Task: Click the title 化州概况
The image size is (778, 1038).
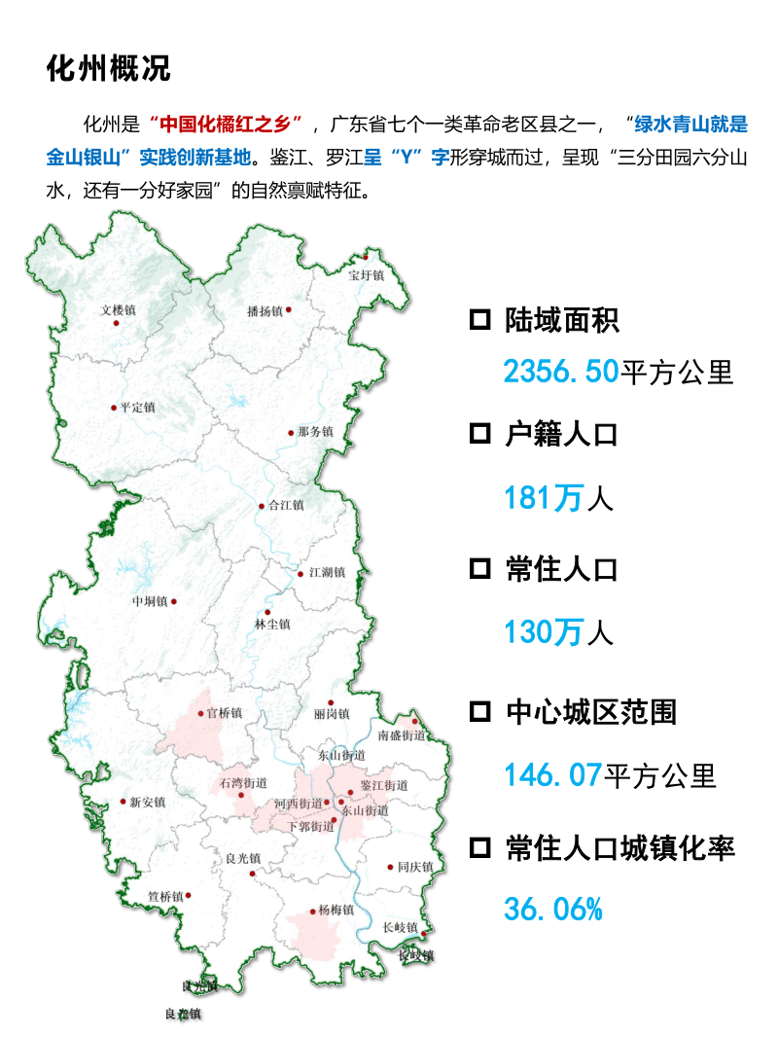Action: point(109,68)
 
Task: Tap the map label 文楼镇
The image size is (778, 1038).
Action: point(119,310)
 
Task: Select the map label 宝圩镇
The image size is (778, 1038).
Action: point(367,275)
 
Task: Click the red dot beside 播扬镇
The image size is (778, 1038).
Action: point(288,310)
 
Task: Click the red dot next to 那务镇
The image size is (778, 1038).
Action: point(291,433)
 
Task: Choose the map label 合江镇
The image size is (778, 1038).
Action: point(286,505)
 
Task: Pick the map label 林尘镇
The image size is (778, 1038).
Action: point(272,625)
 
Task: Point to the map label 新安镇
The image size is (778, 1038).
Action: point(147,802)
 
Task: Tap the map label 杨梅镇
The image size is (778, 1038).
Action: point(336,912)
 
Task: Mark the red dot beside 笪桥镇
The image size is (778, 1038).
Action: point(189,896)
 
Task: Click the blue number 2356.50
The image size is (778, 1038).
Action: point(560,371)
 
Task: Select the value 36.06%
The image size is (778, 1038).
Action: point(553,910)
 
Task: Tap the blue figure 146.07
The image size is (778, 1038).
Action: point(552,775)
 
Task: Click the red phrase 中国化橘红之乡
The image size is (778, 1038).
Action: point(228,125)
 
